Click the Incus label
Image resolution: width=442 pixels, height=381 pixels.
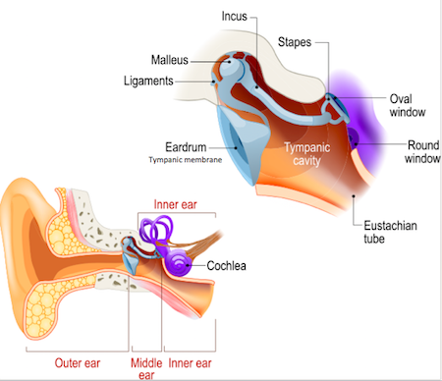coord(234,17)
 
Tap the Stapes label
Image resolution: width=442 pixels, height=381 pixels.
coord(295,42)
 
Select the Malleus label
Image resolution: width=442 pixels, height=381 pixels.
coord(170,60)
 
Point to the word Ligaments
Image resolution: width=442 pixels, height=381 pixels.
coord(148,81)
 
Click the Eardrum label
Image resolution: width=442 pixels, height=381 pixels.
coord(186,147)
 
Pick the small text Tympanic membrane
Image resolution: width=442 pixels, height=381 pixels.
coord(186,160)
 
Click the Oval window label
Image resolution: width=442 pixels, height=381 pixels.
coord(408,105)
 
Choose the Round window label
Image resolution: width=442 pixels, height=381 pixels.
coord(422,151)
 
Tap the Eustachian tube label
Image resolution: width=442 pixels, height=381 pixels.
coord(390,232)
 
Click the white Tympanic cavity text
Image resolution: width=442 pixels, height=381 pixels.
coord(306,154)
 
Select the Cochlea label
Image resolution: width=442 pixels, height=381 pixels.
coord(226,266)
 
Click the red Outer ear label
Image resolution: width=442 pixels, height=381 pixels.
coord(78,363)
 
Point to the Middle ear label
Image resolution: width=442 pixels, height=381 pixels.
coord(146,369)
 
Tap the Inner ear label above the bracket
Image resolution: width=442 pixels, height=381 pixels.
coord(175,204)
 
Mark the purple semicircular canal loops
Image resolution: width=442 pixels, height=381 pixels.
coord(156,229)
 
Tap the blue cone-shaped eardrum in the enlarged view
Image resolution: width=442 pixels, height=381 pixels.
coord(243,139)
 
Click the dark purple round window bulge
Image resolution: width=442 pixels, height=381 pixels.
coord(353,137)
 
